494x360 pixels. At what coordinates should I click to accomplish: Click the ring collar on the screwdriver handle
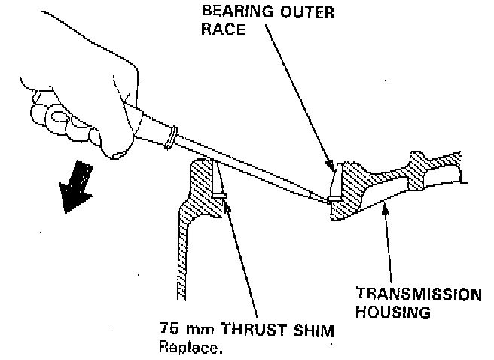[x=172, y=136]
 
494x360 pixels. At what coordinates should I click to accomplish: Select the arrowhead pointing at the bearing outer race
[x=330, y=163]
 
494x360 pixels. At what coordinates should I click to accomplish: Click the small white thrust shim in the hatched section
[x=218, y=194]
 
